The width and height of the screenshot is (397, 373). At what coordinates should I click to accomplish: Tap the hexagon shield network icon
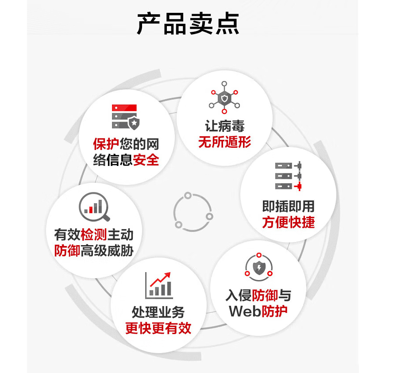[x=224, y=97]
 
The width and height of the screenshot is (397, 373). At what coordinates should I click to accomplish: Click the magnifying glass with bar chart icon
[x=94, y=208]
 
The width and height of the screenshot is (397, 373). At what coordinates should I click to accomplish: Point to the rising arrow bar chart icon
[x=159, y=285]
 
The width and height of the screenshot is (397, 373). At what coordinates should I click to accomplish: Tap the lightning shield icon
[x=258, y=266]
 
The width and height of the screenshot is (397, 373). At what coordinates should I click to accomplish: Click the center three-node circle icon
[x=193, y=211]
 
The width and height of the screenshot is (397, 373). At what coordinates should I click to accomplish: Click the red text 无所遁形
[x=224, y=142]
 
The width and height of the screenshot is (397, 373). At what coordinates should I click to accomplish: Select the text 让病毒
[x=224, y=126]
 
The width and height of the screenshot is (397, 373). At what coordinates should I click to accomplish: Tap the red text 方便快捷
[x=288, y=222]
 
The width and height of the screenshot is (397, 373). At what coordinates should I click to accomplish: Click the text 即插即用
[x=288, y=206]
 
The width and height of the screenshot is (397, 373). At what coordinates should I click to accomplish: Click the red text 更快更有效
[x=158, y=328]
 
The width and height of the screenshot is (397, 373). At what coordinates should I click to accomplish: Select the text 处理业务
[x=158, y=312]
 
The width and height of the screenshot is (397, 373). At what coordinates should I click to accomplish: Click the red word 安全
[x=146, y=160]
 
